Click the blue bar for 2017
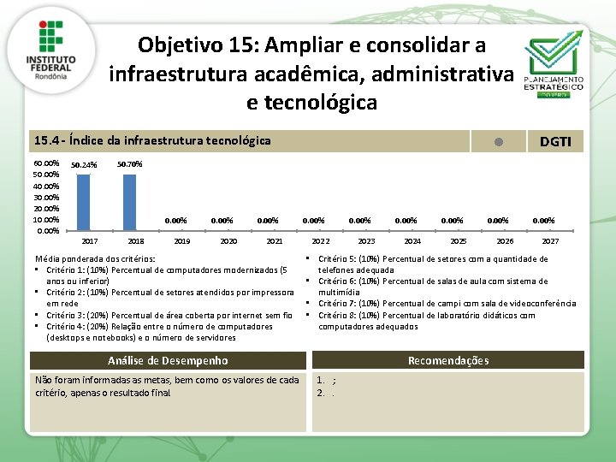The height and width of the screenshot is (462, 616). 84,202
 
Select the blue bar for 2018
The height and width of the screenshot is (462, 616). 130,202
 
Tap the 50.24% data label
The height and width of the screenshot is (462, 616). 84,165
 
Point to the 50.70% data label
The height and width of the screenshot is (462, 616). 130,163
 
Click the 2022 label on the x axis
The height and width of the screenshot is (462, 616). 320,241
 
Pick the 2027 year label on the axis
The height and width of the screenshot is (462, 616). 550,241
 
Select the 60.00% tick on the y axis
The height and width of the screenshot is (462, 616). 46,163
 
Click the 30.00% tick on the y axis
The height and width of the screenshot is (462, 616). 46,197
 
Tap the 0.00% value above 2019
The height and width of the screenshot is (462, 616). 175,221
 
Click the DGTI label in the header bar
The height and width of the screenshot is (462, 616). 555,141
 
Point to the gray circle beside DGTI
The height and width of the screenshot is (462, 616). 499,141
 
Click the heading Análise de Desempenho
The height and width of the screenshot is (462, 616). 168,360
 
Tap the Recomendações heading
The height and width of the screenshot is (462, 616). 448,360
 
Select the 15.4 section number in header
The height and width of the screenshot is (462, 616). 45,140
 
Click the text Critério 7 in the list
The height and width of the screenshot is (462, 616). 339,304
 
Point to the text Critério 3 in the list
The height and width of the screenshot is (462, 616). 67,315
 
